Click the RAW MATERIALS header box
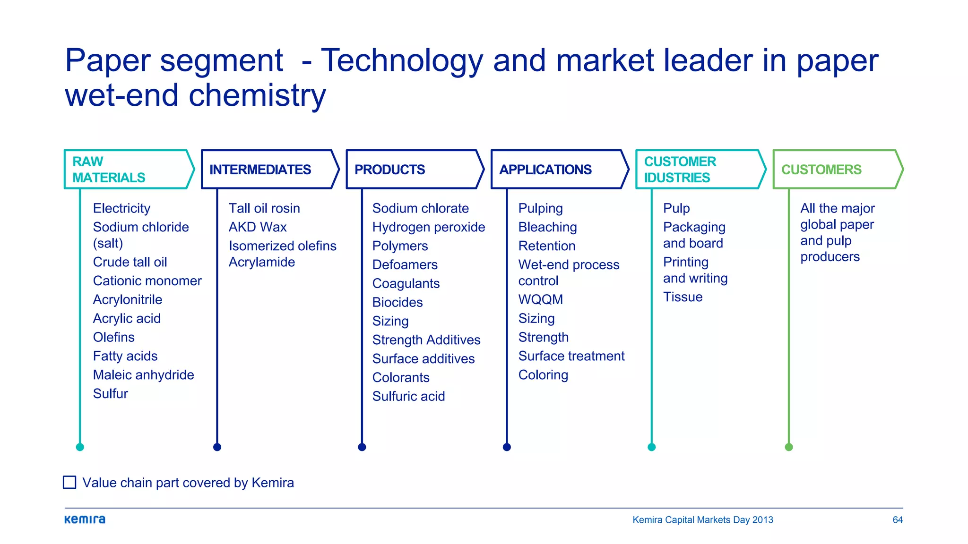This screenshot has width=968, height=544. pos(128,170)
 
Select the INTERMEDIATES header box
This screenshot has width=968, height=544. pos(268,170)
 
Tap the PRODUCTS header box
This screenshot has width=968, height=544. pos(413,170)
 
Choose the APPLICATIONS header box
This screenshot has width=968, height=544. pos(558,170)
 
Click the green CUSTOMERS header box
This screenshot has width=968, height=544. pos(836,170)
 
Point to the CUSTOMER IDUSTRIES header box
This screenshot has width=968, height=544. pos(699,170)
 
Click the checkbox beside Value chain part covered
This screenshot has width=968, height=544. pos(69,482)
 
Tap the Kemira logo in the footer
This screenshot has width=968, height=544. pos(85,519)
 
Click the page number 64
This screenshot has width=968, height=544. pos(898,520)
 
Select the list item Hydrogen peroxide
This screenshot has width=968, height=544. pos(428,227)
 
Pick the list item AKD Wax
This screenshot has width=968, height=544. pos(258,227)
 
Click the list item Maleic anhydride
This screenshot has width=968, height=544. pos(143,375)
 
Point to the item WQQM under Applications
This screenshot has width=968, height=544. pos(540,299)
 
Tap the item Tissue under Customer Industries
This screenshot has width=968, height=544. pos(683,297)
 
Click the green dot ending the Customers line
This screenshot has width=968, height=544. pos(789,447)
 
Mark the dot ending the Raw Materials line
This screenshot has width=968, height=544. pos(80,447)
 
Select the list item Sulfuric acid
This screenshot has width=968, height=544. pos(408,396)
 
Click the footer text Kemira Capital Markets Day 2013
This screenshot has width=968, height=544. pos(702,520)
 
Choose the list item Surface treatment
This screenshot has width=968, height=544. pos(571,356)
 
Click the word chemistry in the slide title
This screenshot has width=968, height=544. pos(257,95)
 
